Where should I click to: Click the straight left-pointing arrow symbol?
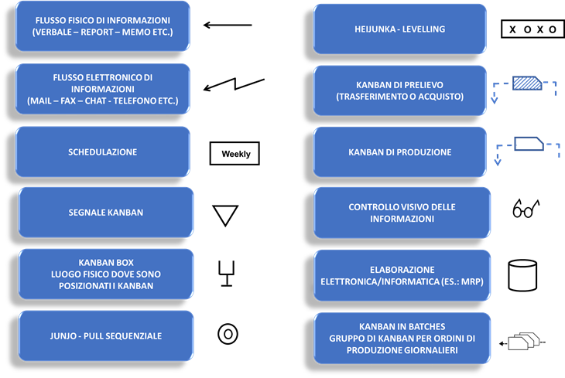pyautogui.click(x=228, y=25)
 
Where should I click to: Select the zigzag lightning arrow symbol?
pyautogui.click(x=235, y=84)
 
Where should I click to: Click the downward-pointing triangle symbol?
pyautogui.click(x=225, y=215)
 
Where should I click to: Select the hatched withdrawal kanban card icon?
pyautogui.click(x=527, y=83)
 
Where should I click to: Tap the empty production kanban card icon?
pyautogui.click(x=529, y=144)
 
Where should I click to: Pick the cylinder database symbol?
pyautogui.click(x=522, y=275)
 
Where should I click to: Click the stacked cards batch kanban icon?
pyautogui.click(x=523, y=341)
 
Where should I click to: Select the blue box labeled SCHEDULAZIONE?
pyautogui.click(x=103, y=152)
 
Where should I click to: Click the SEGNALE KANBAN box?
pyautogui.click(x=106, y=213)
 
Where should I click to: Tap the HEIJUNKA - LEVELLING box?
pyautogui.click(x=399, y=29)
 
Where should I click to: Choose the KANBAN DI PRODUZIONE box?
pyautogui.click(x=399, y=152)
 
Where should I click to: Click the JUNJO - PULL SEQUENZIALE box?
pyautogui.click(x=106, y=336)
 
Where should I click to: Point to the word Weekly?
pyautogui.click(x=236, y=154)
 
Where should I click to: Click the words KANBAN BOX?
pyautogui.click(x=106, y=263)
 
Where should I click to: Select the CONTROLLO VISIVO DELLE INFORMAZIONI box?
pyautogui.click(x=402, y=213)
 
